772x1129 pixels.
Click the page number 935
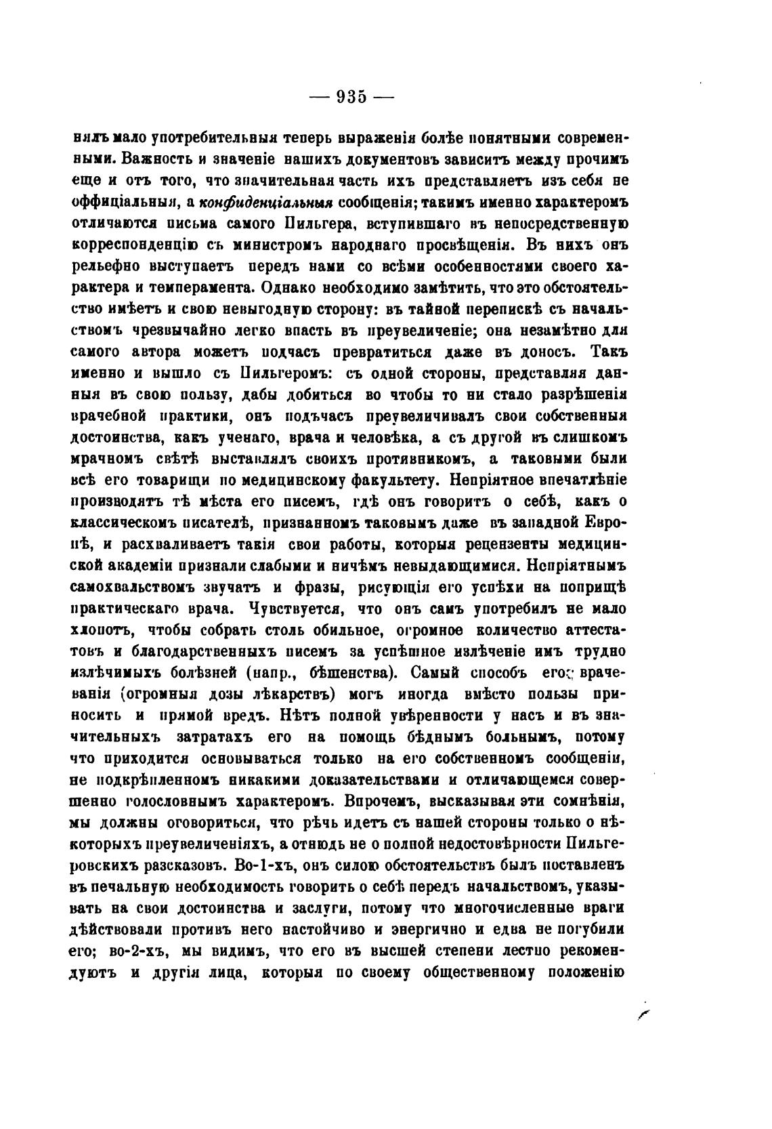point(351,97)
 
